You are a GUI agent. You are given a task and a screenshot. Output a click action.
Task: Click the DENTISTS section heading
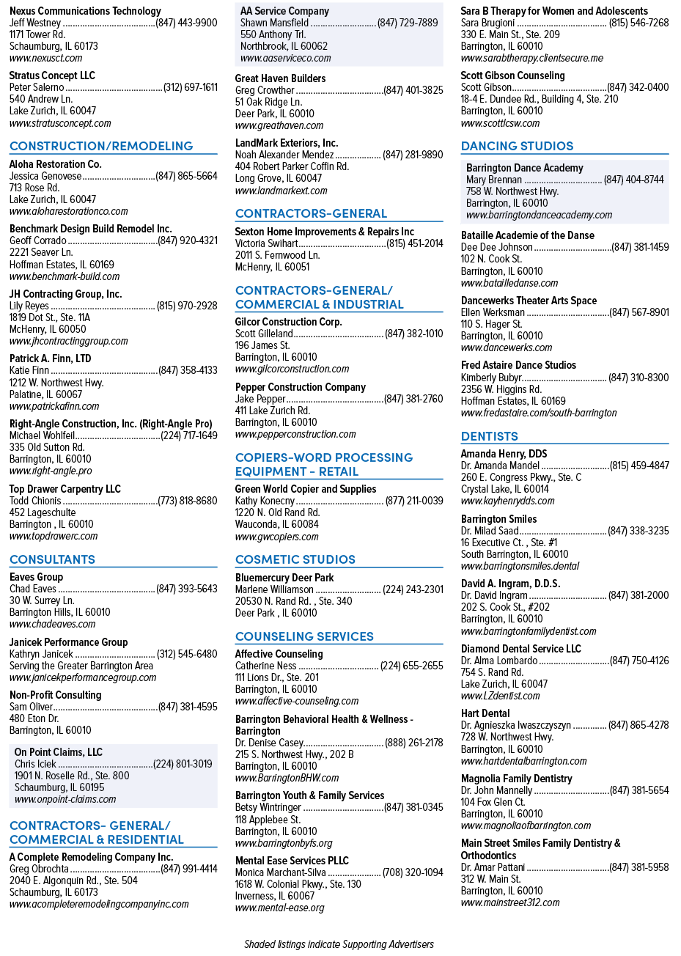(489, 436)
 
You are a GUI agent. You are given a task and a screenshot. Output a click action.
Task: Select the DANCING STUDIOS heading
(517, 146)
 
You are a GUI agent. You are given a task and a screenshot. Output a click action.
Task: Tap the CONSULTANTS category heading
(52, 559)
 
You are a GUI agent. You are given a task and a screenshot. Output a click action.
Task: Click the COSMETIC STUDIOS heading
(295, 559)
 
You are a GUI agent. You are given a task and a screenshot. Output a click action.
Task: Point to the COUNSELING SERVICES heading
(304, 636)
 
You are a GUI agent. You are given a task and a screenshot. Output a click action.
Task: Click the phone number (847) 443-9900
(186, 23)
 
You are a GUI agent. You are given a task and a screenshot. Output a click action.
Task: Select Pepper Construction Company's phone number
(413, 399)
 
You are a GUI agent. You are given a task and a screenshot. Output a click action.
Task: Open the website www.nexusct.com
(45, 58)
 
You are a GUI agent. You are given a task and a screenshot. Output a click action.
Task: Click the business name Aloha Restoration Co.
(56, 164)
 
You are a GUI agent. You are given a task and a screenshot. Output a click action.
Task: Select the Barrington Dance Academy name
(524, 168)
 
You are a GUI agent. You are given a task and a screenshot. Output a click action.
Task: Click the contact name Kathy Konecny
(265, 501)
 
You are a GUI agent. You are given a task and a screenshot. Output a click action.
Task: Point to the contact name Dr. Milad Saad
(490, 531)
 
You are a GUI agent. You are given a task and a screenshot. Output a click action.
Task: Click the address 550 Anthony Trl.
(273, 34)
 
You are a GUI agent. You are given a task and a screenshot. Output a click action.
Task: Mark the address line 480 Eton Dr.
(34, 718)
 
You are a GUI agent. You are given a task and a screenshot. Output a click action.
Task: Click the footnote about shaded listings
(339, 944)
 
